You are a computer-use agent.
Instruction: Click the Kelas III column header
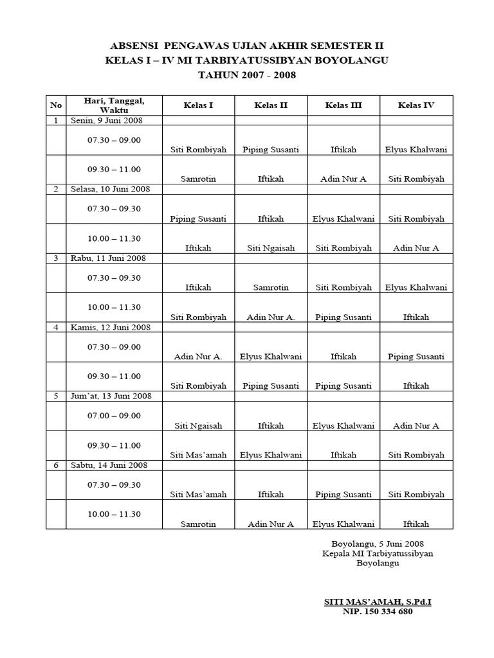click(343, 105)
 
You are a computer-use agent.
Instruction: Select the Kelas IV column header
click(416, 105)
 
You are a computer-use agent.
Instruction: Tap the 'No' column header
click(56, 105)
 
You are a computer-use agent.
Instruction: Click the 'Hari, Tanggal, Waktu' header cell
click(114, 105)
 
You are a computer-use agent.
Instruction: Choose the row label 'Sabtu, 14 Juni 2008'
click(109, 465)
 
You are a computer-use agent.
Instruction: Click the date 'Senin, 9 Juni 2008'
click(107, 120)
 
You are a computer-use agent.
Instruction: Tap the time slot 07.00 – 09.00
click(114, 416)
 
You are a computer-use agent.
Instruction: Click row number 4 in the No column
click(56, 327)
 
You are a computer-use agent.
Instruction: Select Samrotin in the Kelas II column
click(271, 288)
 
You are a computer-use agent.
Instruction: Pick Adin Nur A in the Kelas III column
click(343, 179)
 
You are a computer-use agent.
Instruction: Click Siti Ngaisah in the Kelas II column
click(271, 248)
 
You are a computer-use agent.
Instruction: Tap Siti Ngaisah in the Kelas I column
click(198, 425)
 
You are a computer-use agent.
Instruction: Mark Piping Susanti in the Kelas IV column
click(416, 357)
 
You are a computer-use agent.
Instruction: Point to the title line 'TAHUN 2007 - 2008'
click(248, 75)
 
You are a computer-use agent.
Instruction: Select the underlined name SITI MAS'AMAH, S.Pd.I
click(377, 601)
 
